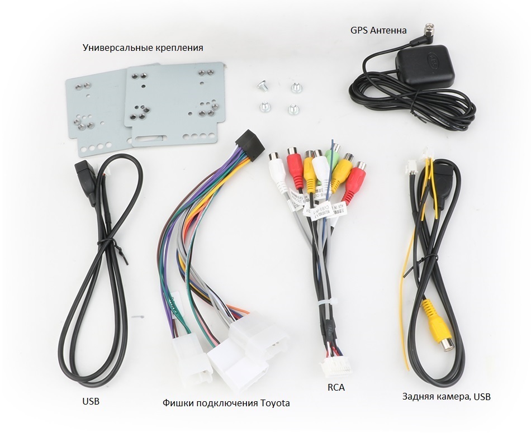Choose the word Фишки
pyautogui.click(x=177, y=403)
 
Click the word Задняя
pyautogui.click(x=419, y=397)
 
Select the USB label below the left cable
pyautogui.click(x=91, y=401)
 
